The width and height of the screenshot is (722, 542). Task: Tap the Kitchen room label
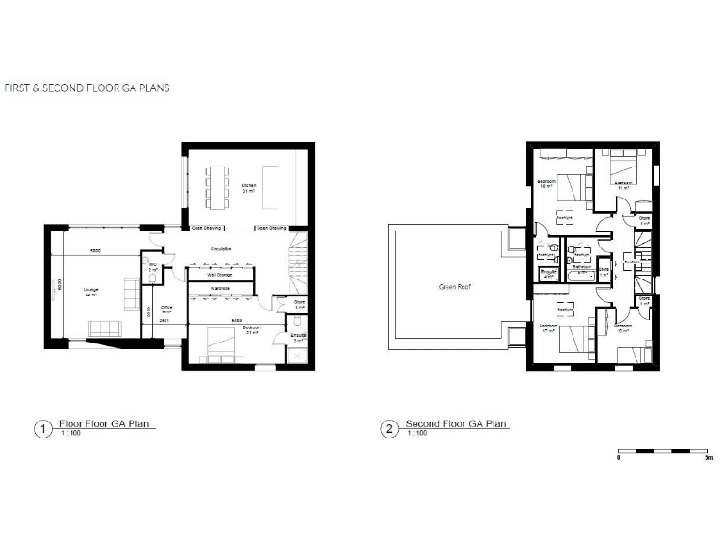point(248,186)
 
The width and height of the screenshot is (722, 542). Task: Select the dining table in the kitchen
point(218,184)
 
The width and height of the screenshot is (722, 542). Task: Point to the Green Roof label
point(453,287)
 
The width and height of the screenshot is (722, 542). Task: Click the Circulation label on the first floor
point(222,249)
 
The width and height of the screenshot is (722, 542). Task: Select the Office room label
point(166,307)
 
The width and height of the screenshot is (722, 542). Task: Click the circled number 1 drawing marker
point(41,429)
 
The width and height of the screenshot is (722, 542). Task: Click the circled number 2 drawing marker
point(389,429)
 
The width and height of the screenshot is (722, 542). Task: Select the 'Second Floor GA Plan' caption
point(457,424)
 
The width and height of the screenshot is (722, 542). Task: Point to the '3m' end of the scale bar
point(705,459)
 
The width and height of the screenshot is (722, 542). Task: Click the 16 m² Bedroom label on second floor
point(546,183)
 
